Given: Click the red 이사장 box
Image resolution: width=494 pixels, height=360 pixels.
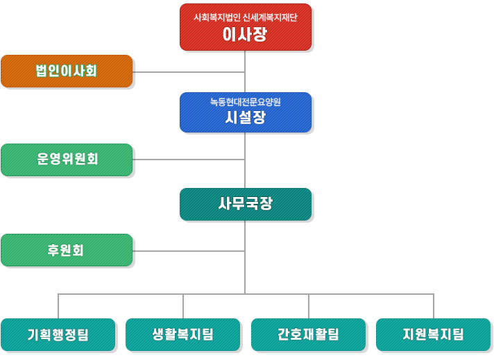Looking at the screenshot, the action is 246,27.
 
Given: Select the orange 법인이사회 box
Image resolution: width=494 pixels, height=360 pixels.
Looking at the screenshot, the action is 67,71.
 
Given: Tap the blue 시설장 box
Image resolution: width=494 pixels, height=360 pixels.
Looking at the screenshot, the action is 246,112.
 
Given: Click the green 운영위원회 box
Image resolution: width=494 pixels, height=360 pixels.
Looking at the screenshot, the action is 67,160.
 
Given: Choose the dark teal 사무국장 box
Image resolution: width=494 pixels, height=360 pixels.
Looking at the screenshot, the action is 246,204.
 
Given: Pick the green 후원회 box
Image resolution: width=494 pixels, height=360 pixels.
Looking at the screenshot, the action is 67,250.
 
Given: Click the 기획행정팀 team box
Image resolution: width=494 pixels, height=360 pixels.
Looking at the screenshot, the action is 58,334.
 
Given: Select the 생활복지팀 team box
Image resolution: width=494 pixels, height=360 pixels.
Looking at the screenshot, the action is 182,334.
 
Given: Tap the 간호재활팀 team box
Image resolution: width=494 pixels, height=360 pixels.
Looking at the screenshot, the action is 308,334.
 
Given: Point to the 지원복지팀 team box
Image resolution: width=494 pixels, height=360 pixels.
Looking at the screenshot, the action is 433,334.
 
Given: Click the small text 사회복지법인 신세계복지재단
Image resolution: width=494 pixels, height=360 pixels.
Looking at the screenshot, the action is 246,17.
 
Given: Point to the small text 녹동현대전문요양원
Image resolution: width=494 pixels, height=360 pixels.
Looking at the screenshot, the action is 246,102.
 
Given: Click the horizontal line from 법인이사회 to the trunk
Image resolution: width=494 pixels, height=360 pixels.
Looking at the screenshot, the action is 189,72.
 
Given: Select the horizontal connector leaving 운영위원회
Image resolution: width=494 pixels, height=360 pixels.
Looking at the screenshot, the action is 189,160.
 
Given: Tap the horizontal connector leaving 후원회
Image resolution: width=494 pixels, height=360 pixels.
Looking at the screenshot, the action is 189,251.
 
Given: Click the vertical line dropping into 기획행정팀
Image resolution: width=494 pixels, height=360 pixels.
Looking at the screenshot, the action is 58,306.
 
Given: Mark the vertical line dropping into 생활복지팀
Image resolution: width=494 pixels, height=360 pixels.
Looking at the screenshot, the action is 183,306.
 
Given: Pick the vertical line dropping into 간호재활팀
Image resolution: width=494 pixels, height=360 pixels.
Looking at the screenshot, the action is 309,306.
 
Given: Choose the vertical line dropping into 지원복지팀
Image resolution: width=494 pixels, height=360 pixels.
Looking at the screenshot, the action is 434,306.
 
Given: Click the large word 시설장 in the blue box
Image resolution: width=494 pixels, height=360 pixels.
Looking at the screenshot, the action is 246,117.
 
